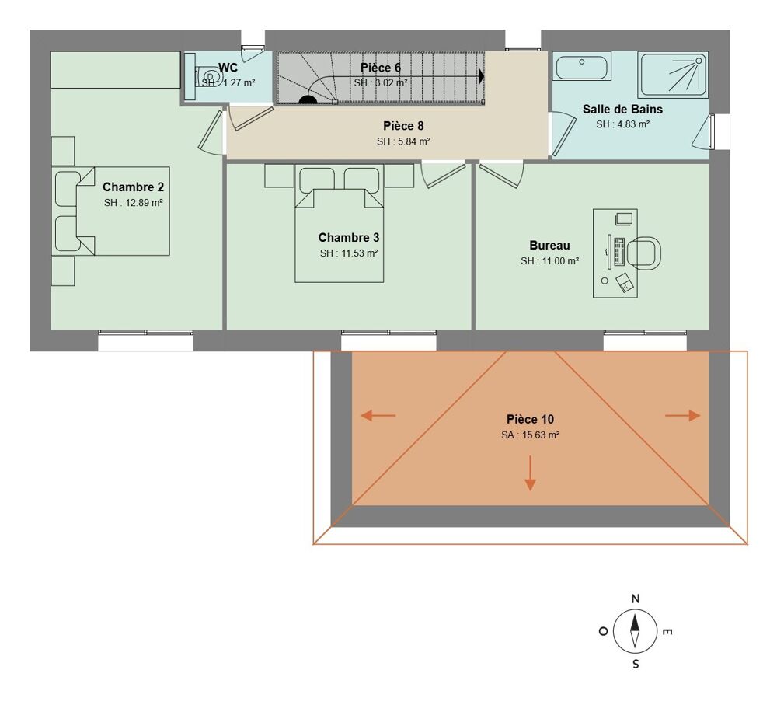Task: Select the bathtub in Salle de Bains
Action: (x=582, y=66)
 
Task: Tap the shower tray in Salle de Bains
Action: (x=673, y=75)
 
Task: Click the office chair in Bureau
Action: (x=644, y=253)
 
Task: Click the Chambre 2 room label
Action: (x=133, y=187)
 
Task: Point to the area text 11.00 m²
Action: (x=549, y=261)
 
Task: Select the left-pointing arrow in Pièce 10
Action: (x=378, y=416)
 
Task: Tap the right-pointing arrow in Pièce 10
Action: (x=683, y=416)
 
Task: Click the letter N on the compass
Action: (x=635, y=599)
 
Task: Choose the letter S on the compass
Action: (x=636, y=665)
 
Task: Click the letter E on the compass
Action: (x=666, y=632)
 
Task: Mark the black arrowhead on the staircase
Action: (x=482, y=76)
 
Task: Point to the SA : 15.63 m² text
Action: (x=530, y=435)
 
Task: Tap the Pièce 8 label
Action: (x=403, y=126)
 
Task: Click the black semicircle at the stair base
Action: (x=308, y=99)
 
